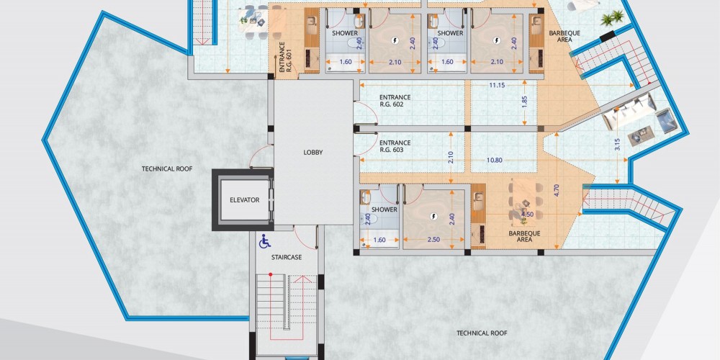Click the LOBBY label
tap(313, 153)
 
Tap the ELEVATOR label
tap(245, 199)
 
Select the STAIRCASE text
tap(287, 257)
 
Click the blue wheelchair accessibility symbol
tap(264, 241)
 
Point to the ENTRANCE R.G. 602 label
tap(395, 101)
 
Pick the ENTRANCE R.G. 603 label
tap(395, 146)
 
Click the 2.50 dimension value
tap(433, 240)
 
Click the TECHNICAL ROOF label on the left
tap(167, 168)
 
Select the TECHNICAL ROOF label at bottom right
tap(482, 333)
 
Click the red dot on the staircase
tap(271, 274)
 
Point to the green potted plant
tap(612, 19)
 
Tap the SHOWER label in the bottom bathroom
tap(384, 210)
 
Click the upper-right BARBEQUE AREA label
tap(559, 36)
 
